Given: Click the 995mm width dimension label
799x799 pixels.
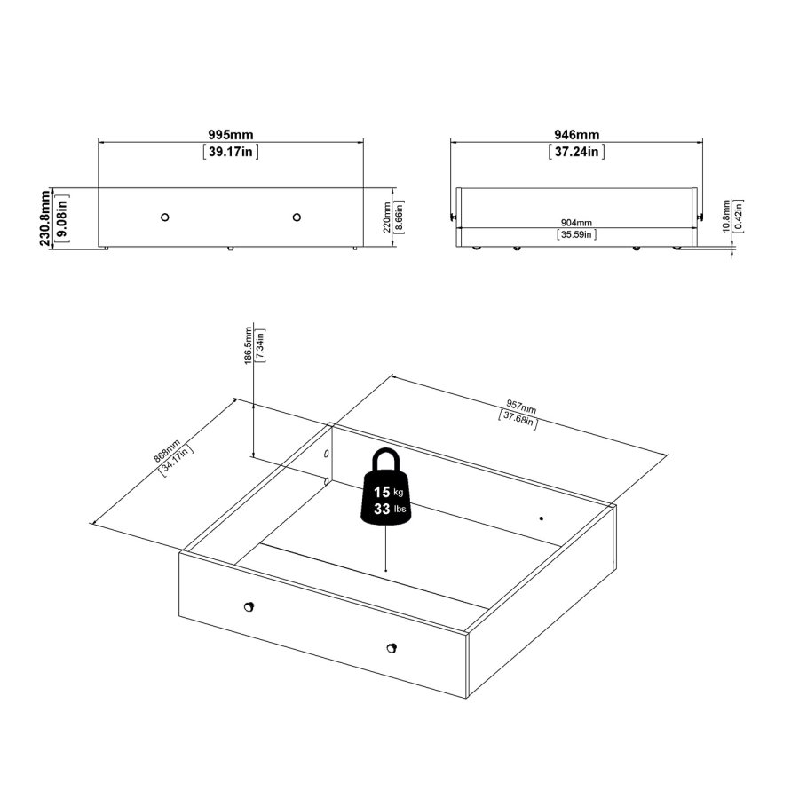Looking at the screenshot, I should tap(230, 134).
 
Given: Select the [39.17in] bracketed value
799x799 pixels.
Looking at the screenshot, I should tap(230, 152).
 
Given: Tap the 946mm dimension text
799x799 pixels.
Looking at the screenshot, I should tap(576, 134).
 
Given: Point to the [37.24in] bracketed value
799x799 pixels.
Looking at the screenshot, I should tap(576, 152).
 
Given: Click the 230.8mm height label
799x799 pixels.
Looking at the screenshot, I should tap(44, 218).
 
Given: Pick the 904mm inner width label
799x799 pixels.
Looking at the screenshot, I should tap(576, 222).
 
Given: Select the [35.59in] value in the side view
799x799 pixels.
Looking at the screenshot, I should tap(576, 235).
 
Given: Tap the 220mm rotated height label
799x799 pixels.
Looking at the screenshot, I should tap(387, 217).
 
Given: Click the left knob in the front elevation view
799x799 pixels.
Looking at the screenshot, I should tap(165, 217).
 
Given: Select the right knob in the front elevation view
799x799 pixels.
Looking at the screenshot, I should tap(297, 217).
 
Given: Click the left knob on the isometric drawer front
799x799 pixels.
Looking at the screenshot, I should tap(249, 606).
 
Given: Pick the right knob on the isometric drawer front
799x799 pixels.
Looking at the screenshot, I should tap(392, 647).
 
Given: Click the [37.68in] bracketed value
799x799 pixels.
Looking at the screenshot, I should tap(518, 418).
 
